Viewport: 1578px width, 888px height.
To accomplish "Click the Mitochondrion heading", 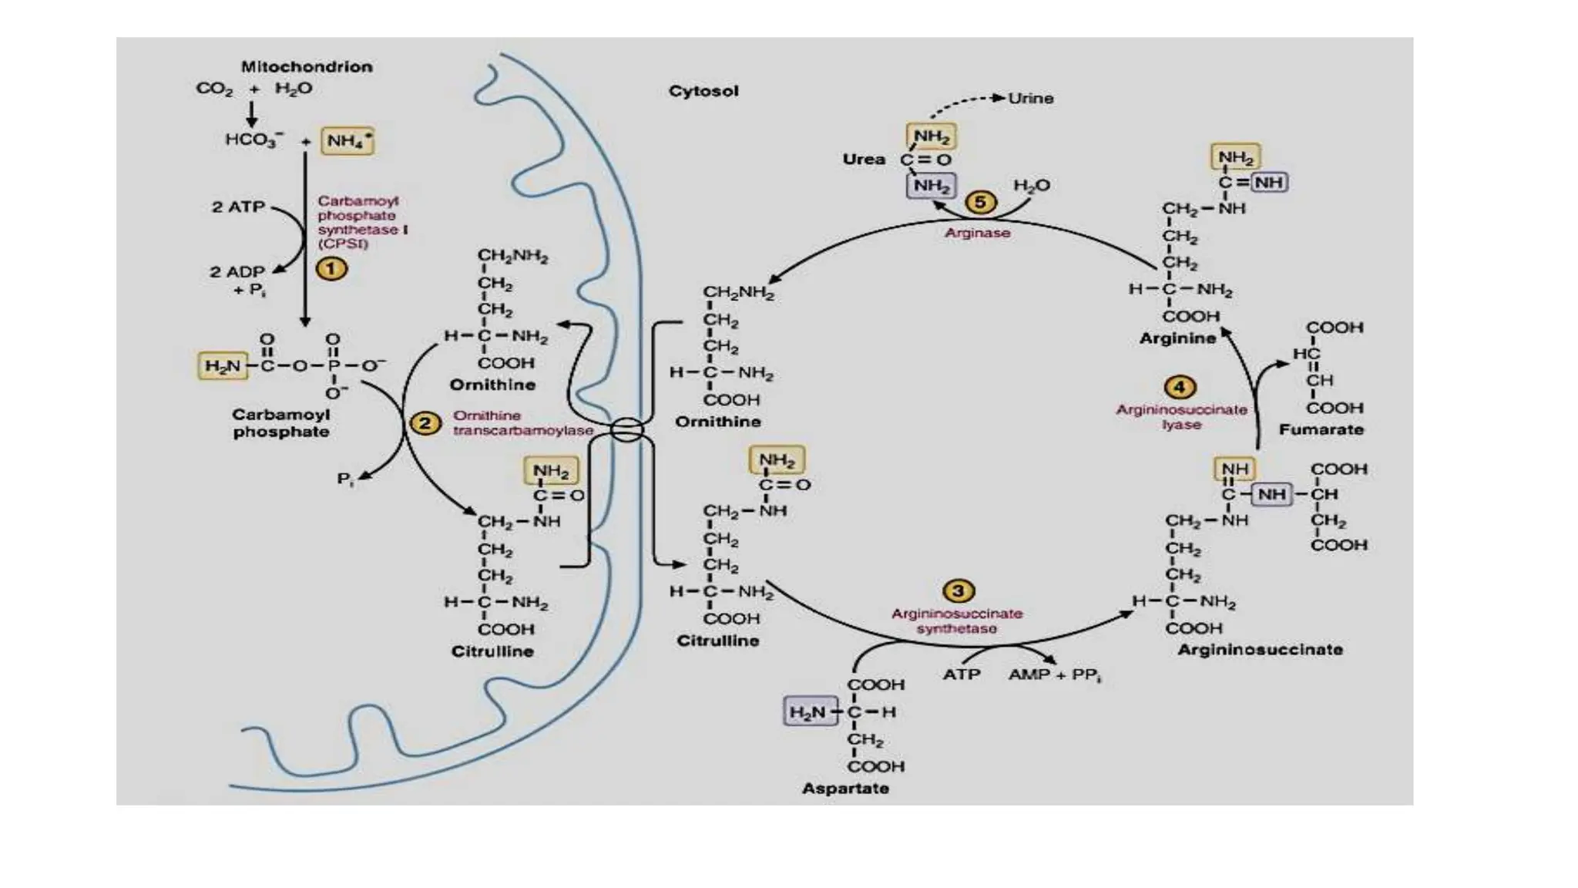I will coord(307,67).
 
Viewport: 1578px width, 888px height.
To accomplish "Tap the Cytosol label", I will coord(703,91).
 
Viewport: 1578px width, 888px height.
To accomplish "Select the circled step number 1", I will coord(331,269).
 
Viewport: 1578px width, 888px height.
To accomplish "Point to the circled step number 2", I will coord(425,423).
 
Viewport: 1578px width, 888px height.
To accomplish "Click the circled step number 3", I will coord(958,591).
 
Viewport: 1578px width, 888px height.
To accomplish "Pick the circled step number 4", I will coord(1180,387).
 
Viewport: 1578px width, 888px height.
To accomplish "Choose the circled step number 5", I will coord(980,203).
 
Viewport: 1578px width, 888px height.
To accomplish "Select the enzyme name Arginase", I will coord(977,233).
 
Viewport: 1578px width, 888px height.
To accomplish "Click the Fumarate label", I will coord(1321,429).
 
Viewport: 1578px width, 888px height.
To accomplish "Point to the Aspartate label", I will coord(845,789).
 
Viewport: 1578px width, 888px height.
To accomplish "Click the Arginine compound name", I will coord(1177,338).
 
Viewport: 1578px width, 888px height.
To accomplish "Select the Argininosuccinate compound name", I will coord(1260,650).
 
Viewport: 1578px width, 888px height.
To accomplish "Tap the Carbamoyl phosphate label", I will coord(280,423).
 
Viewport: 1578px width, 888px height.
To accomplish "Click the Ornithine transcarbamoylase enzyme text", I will coord(522,423).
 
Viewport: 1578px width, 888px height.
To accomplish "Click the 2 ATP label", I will coord(238,207).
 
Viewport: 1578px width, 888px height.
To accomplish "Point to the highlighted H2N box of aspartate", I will coord(807,712).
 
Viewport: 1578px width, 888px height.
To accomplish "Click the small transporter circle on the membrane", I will coord(626,429).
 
